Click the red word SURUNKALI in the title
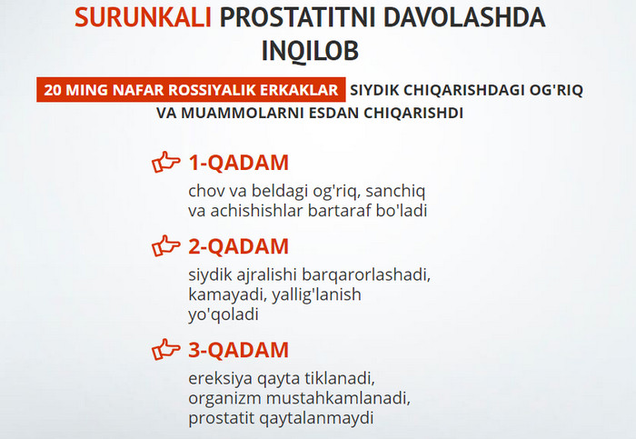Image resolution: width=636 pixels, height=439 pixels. coord(143,17)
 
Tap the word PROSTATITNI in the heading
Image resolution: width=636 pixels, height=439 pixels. coord(298,17)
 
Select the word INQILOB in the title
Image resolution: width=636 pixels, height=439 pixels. coord(310,51)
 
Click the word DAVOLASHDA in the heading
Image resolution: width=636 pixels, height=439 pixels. coord(465,17)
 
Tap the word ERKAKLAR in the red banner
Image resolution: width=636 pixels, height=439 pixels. coord(299,90)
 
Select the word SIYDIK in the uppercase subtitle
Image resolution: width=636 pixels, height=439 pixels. coord(374,90)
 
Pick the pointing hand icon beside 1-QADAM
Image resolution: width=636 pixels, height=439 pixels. coord(165,163)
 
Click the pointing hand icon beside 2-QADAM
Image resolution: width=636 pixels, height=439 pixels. coord(165,246)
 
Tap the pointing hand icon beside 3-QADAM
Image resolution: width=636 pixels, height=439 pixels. coord(165,349)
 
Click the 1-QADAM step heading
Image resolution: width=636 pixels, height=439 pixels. coord(238,163)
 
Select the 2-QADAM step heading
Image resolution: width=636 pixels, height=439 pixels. coord(238,246)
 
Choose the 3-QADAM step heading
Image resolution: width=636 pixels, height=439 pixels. coord(238,350)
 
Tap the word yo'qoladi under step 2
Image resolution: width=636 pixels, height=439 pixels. coord(224,314)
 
